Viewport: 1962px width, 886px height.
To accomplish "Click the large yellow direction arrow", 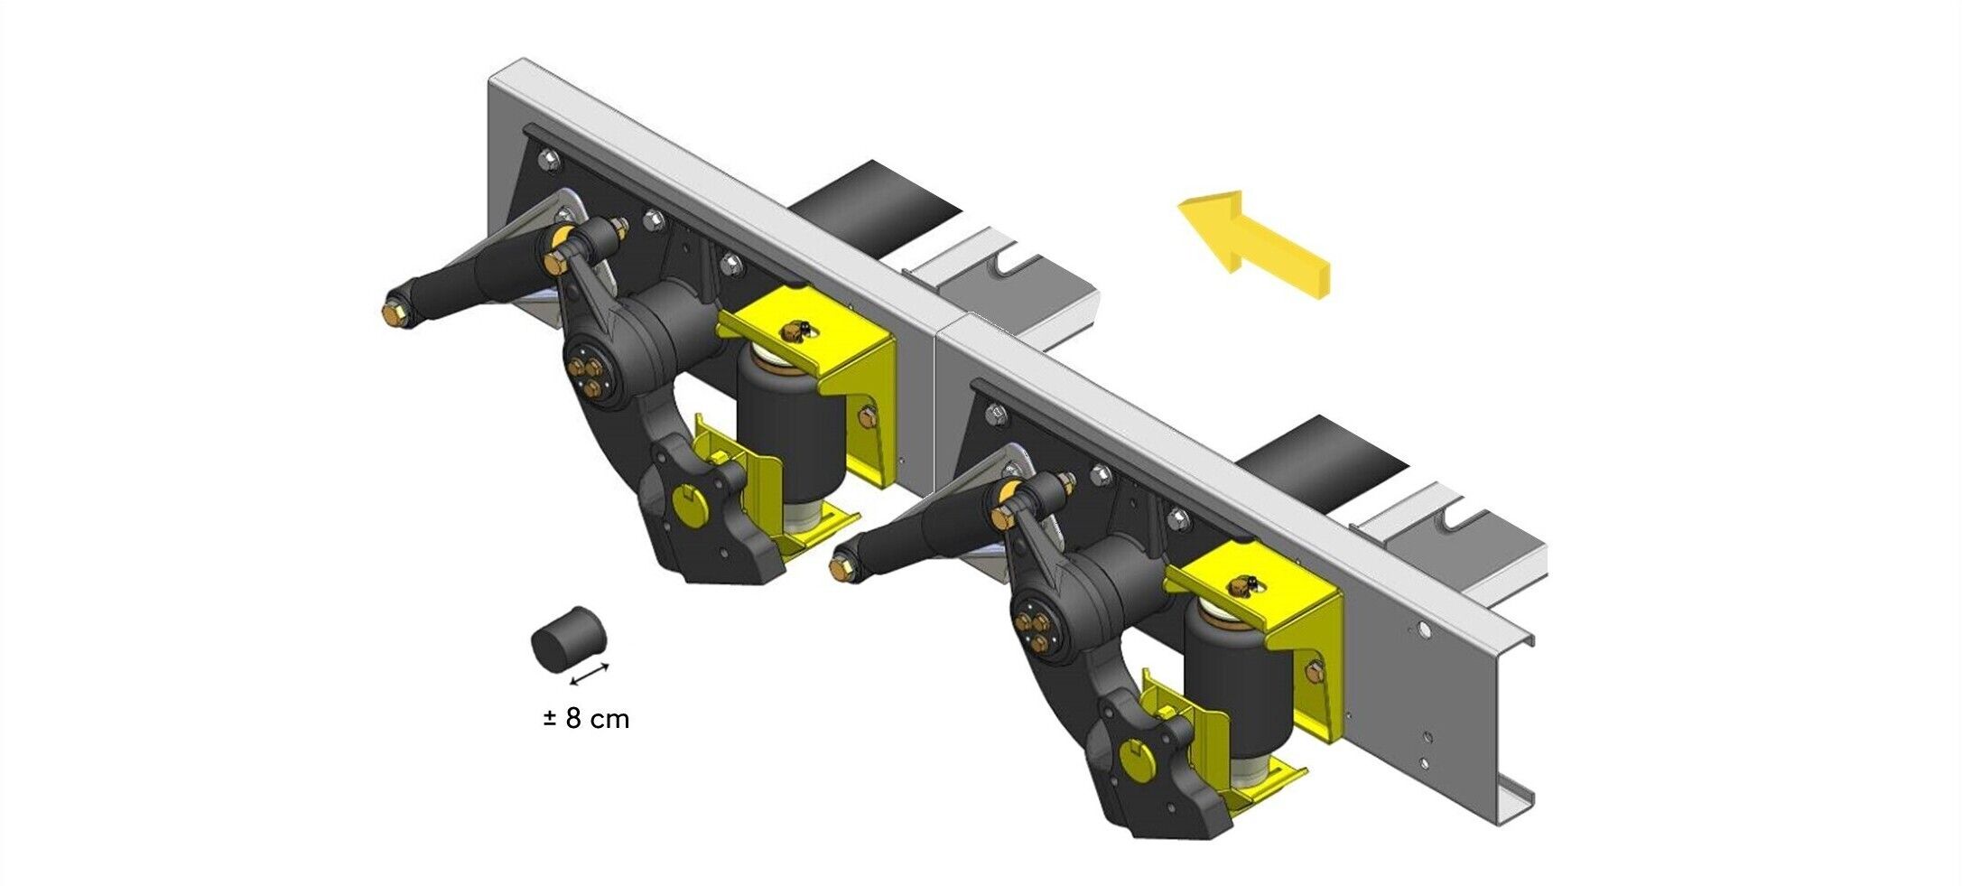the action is [x=1254, y=242].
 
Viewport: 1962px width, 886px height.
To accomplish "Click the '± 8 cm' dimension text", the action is [x=586, y=719].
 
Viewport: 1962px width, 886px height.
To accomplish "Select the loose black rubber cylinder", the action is [x=568, y=639].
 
